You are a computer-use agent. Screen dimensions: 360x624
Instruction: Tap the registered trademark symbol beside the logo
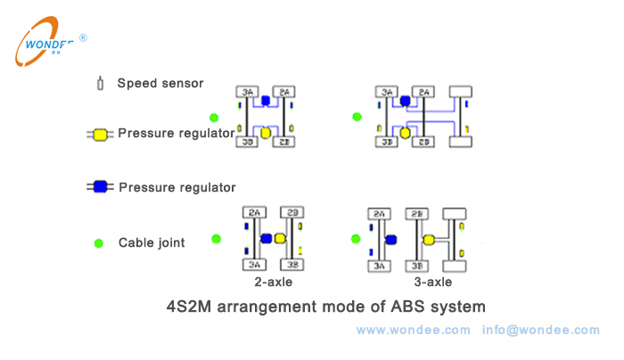point(83,38)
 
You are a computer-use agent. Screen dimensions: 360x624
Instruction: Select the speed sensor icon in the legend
point(101,84)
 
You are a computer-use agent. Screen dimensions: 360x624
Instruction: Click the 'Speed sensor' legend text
point(160,84)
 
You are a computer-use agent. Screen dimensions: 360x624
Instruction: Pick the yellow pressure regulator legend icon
point(100,135)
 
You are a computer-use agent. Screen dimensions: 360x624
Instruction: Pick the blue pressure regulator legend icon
point(100,187)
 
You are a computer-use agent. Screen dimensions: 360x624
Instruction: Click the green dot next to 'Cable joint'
point(100,242)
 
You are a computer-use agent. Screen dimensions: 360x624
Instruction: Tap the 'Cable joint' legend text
point(152,242)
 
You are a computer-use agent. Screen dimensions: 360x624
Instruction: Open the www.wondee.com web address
point(413,331)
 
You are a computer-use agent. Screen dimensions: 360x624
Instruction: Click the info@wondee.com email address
point(541,331)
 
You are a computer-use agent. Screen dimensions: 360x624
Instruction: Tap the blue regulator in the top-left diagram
point(265,101)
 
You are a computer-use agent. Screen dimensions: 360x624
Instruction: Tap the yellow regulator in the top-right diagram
point(405,133)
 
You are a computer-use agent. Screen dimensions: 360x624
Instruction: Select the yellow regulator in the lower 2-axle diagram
point(280,239)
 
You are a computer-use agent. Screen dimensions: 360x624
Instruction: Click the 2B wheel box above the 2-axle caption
point(292,213)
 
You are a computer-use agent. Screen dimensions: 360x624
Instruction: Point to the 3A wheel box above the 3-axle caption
point(381,265)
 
